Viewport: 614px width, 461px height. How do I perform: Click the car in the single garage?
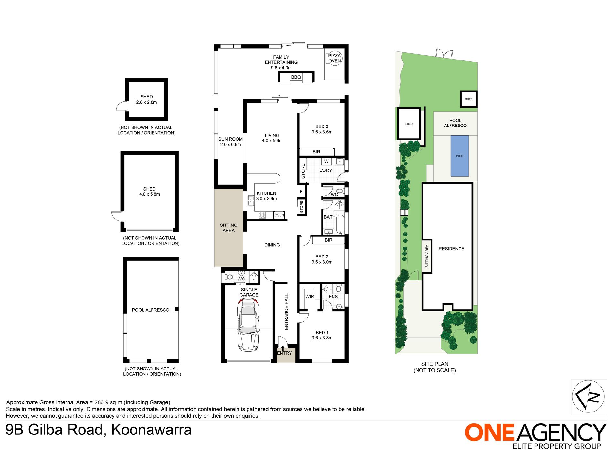248,325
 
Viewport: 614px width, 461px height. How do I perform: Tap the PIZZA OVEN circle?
334,59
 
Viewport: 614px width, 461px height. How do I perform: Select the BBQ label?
296,77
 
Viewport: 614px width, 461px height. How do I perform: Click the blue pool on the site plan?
460,156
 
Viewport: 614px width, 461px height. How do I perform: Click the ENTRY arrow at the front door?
283,348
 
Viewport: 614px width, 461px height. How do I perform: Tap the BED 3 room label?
322,126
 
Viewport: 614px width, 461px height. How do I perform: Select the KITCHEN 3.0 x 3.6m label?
266,196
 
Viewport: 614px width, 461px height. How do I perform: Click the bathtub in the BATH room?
340,224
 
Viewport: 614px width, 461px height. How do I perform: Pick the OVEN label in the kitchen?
279,215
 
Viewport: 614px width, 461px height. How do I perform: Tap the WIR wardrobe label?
310,297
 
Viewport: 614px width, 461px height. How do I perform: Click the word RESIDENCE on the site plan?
451,249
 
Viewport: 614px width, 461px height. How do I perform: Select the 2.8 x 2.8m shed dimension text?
146,102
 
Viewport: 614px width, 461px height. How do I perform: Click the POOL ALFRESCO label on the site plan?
455,123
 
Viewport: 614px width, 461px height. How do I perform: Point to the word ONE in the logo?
489,433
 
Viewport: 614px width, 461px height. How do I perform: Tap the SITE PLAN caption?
435,364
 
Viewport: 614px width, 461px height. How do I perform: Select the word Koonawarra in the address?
151,430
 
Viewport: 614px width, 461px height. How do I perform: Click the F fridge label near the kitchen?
301,192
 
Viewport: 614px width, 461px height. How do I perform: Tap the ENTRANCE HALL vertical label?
286,312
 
